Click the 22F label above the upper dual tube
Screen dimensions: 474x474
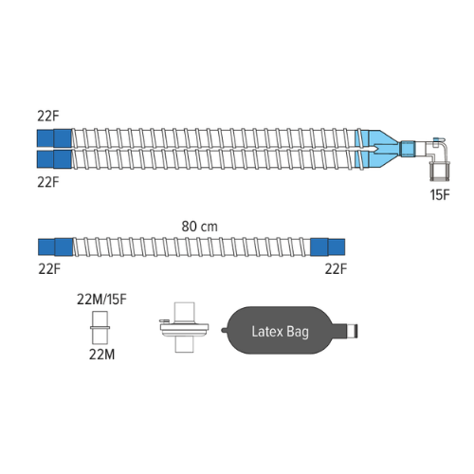click(x=48, y=116)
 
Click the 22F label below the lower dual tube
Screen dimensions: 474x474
click(x=48, y=182)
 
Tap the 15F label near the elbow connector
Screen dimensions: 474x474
click(x=440, y=195)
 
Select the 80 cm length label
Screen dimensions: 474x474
click(x=199, y=227)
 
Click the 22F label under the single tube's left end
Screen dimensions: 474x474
click(x=49, y=269)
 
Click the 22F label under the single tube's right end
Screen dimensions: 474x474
click(x=336, y=269)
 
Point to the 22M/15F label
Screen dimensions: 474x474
click(x=101, y=300)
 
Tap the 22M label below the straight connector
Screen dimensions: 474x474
click(x=101, y=355)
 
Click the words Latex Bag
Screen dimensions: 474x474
click(x=280, y=332)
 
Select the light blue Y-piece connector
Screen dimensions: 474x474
click(x=377, y=148)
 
